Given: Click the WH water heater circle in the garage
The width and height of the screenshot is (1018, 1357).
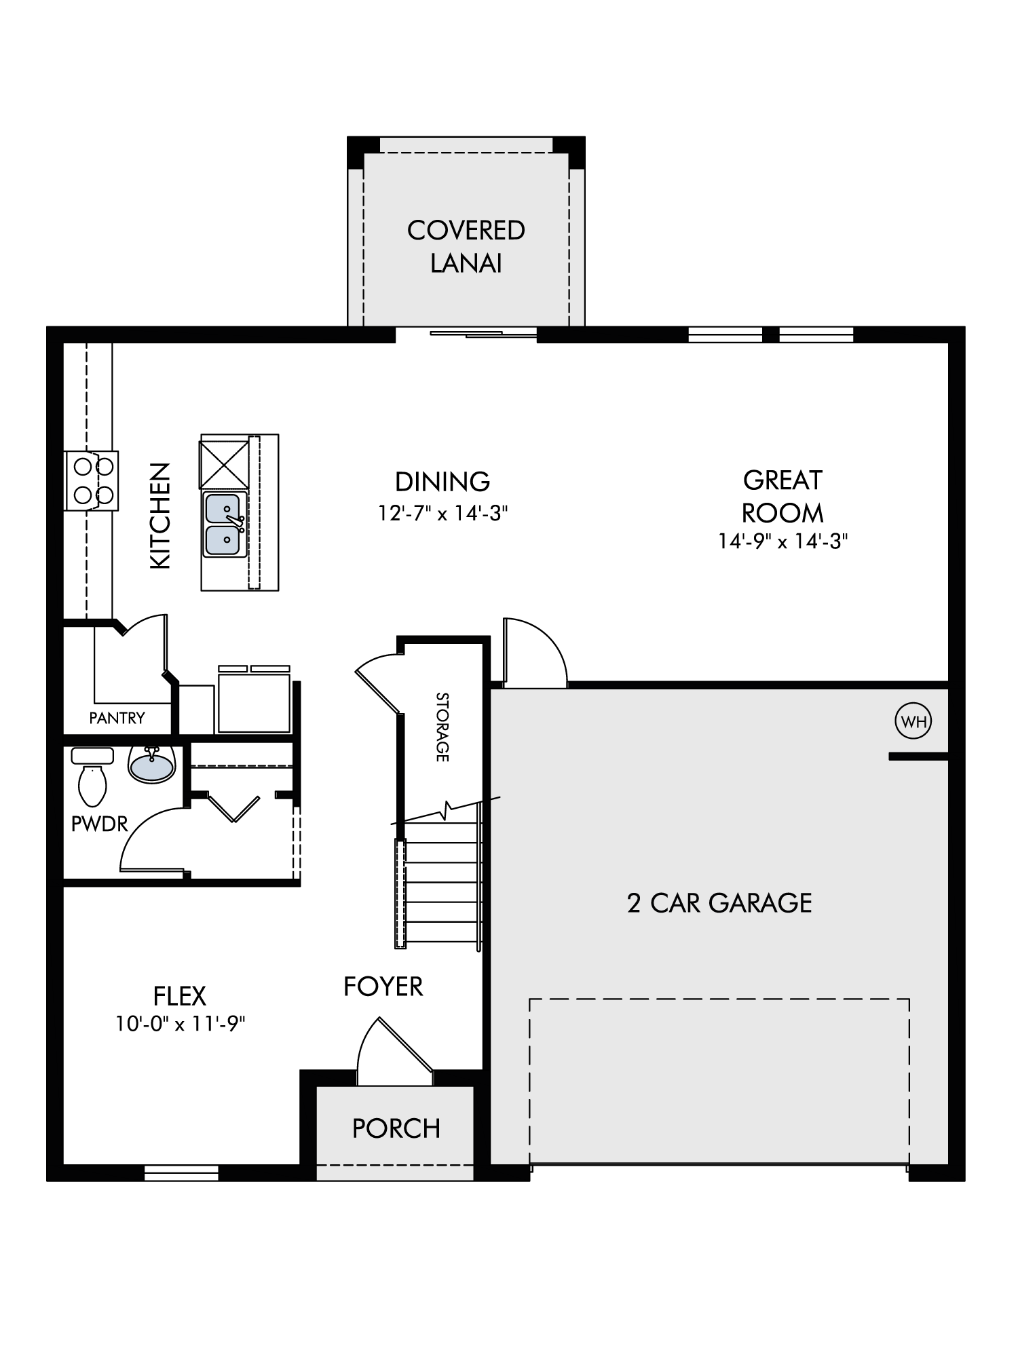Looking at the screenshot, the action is [913, 721].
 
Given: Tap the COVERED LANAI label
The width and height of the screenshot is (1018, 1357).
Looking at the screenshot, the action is [466, 246].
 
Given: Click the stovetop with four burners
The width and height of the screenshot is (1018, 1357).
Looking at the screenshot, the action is [92, 480].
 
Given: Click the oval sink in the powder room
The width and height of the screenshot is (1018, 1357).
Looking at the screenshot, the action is [152, 765].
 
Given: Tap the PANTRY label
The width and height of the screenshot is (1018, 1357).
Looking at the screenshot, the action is [117, 718].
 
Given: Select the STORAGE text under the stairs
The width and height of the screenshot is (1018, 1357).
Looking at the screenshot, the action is [442, 727].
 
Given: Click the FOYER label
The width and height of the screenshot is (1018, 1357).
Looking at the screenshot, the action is [383, 987].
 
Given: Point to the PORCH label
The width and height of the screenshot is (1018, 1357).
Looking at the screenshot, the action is [396, 1128].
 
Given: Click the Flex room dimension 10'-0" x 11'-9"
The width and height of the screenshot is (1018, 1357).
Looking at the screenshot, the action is [180, 1024].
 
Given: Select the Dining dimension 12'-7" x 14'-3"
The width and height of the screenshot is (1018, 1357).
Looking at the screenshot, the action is [442, 514].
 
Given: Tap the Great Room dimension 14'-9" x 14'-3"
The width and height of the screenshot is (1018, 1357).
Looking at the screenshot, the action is [783, 541].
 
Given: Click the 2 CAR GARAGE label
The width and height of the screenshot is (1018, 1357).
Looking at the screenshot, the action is [719, 903].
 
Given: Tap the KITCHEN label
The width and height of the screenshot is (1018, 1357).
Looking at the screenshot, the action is [160, 516].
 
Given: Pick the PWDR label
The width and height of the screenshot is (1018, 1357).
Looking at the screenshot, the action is [99, 824].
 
